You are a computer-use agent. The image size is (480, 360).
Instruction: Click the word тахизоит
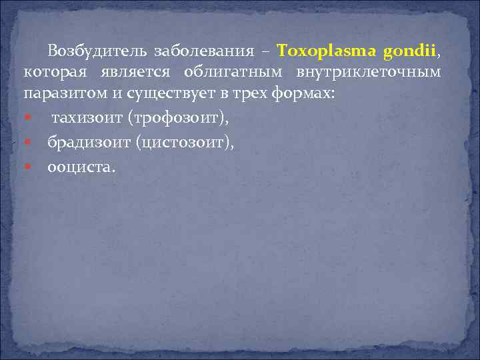pos(82,119)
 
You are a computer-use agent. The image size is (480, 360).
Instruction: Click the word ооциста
pos(80,167)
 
